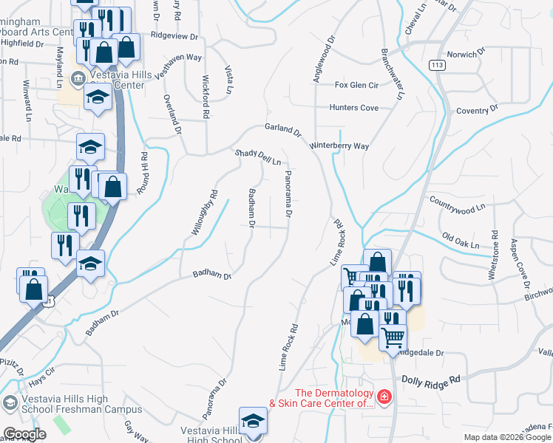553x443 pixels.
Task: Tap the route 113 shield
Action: (437, 64)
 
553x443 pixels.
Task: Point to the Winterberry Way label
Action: (339, 146)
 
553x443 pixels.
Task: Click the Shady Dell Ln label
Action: (258, 157)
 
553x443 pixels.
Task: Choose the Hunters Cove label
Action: (353, 108)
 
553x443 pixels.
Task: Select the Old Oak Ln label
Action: (461, 240)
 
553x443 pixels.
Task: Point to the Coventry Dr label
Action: (478, 110)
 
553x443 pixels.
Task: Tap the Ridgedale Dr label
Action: (419, 353)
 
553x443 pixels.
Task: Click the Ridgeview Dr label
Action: (174, 35)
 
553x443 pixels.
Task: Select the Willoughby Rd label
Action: (205, 213)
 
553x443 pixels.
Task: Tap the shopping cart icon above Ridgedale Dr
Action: (393, 337)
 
